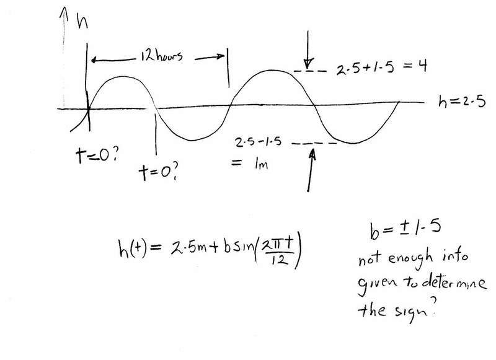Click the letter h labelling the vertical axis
click(82, 22)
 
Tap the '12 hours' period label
click(162, 56)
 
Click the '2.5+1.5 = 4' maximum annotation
click(381, 67)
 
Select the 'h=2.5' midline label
click(462, 102)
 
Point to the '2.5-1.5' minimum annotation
click(258, 142)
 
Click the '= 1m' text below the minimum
click(250, 164)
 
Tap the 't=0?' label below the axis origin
click(97, 155)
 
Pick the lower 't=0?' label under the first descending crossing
click(159, 172)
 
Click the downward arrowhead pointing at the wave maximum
click(308, 63)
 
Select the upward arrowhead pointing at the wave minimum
click(312, 154)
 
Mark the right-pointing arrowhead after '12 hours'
click(219, 56)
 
